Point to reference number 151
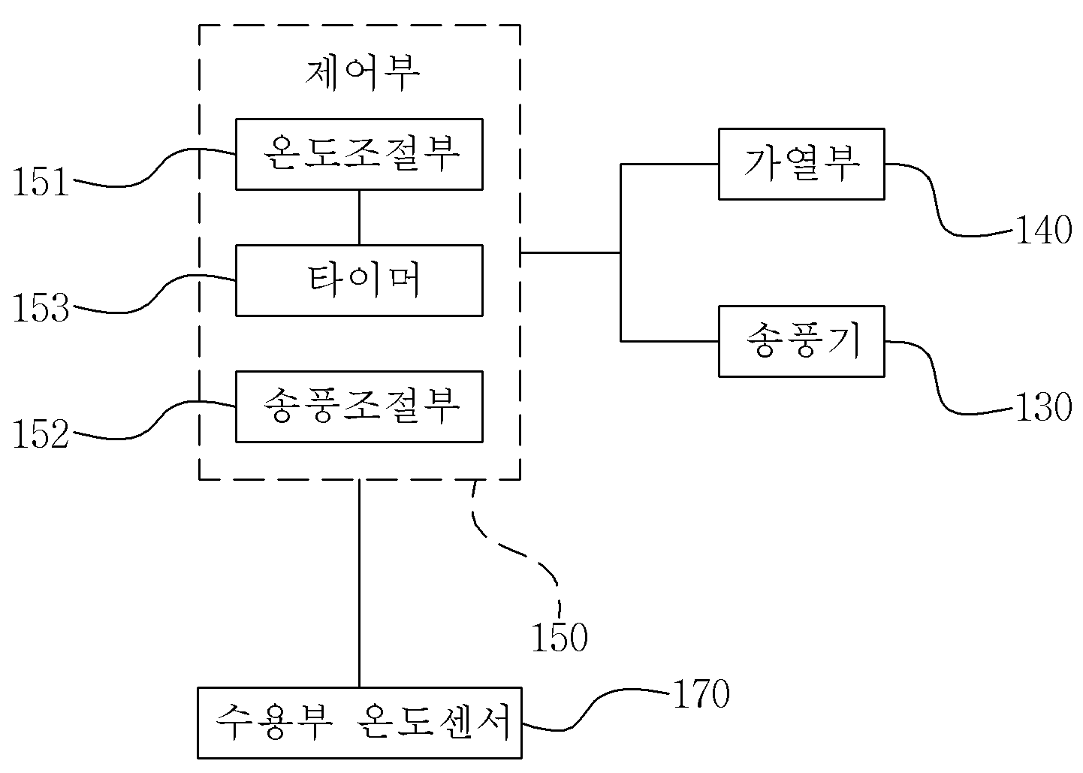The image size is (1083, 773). (x=41, y=182)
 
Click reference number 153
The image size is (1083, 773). (x=41, y=308)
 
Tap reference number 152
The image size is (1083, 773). (x=41, y=434)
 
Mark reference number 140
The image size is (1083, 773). (x=1044, y=231)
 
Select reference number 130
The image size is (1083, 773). (x=1044, y=407)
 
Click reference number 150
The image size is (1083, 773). (x=560, y=637)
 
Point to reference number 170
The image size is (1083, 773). (x=701, y=693)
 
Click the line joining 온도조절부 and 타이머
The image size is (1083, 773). (x=359, y=218)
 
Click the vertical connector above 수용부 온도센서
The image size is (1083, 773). (x=359, y=584)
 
